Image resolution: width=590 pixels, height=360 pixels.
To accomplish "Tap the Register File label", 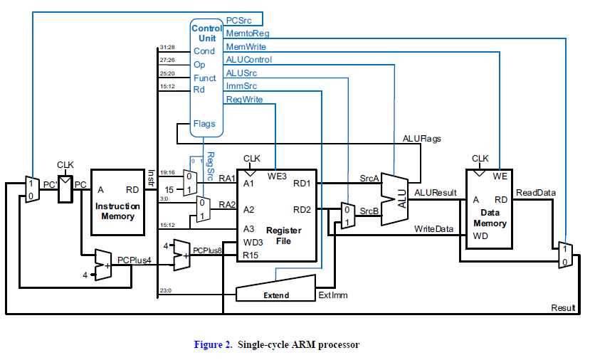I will tap(283, 235).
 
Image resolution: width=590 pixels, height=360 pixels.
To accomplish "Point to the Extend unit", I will tap(276, 291).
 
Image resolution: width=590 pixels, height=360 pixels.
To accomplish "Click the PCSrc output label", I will tap(238, 21).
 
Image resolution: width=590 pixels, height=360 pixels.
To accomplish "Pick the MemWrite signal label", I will tap(245, 47).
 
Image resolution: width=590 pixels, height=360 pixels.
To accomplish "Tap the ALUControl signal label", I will tap(248, 60).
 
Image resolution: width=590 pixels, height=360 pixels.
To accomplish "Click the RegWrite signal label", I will tap(244, 99).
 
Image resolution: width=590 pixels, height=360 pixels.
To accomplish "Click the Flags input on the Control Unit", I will tap(204, 124).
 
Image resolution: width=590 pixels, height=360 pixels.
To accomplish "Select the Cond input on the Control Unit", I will tap(204, 51).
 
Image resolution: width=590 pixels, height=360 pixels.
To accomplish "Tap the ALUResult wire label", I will tap(436, 192).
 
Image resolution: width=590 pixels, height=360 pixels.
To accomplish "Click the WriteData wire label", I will tap(434, 229).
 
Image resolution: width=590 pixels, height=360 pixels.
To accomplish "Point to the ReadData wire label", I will tap(536, 192).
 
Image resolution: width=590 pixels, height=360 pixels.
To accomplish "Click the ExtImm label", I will tap(333, 295).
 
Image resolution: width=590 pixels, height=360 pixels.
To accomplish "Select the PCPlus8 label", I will tap(208, 250).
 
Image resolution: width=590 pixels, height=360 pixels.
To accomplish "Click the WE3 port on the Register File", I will tap(277, 175).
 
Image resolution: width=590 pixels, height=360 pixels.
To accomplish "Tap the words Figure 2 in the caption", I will tap(213, 345).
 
